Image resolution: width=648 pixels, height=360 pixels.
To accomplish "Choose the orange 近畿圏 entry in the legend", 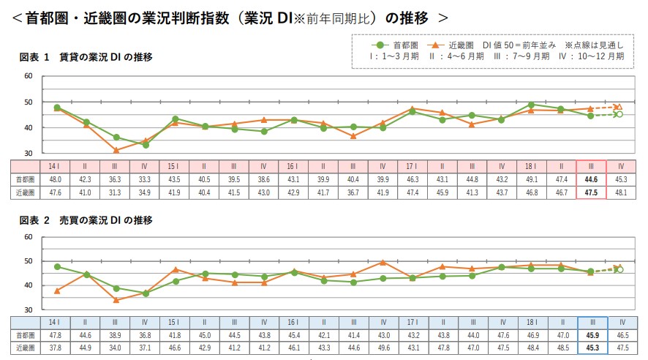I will tap(457, 45).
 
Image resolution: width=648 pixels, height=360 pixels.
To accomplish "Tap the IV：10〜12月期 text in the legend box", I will tap(592, 56).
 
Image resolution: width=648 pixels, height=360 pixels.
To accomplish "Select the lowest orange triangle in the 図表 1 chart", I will tap(116, 150).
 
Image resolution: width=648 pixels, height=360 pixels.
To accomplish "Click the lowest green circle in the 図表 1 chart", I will tap(146, 145).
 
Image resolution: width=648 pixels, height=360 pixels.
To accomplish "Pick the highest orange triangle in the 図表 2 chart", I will tap(383, 262).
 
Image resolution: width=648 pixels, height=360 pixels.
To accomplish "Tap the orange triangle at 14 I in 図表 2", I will tap(56, 290).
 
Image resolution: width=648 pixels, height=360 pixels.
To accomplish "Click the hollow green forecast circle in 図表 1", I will tap(619, 114).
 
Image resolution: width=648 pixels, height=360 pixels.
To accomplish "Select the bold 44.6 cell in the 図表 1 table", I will tap(591, 179).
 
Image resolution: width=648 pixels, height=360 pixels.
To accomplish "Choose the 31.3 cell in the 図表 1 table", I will tap(116, 192).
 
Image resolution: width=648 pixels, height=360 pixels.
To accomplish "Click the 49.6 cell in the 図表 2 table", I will tap(383, 348).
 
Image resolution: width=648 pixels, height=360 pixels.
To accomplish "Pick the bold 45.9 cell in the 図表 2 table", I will tap(591, 335).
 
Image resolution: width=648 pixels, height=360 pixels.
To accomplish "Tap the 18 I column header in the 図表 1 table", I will tap(531, 165).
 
